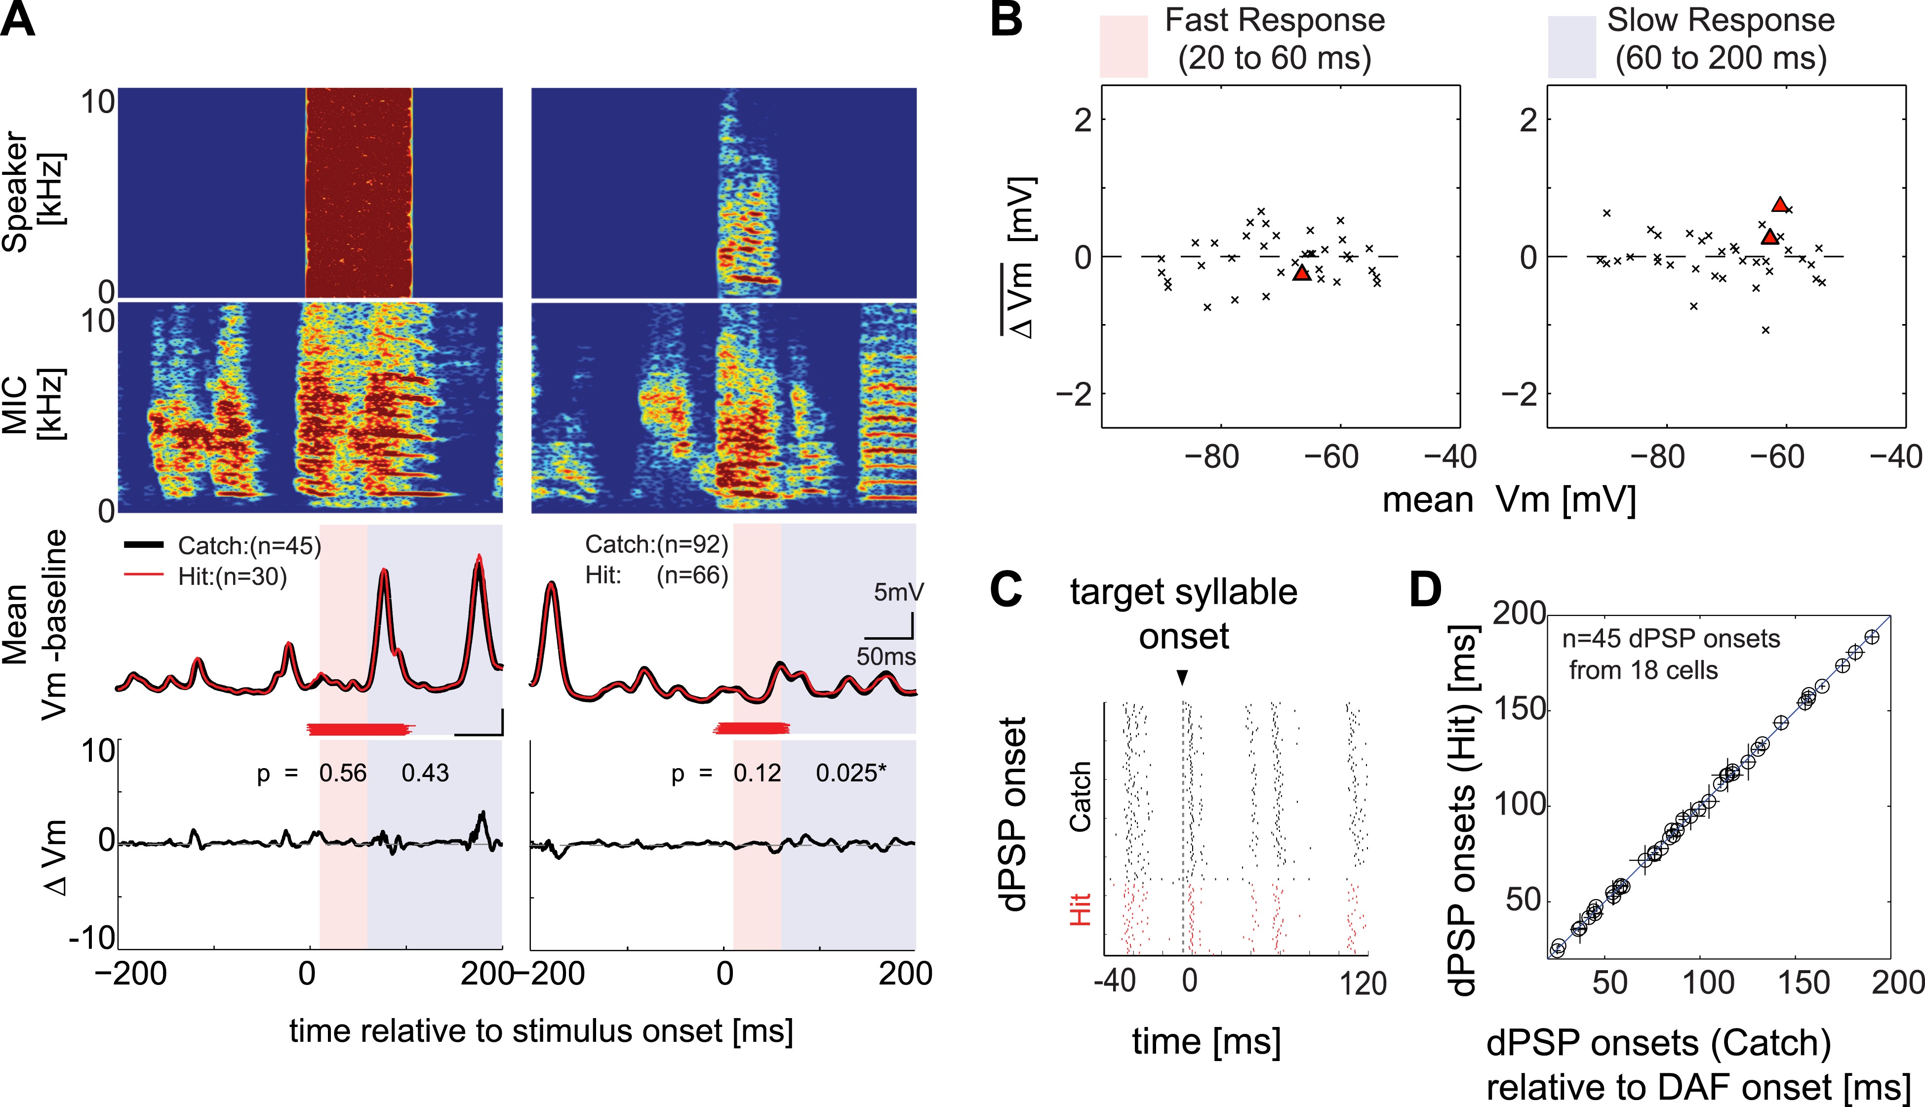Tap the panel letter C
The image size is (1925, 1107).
pos(1006,589)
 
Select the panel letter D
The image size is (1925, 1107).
pos(1425,589)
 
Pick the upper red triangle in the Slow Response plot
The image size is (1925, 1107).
pos(1780,204)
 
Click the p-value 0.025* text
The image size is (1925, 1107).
pos(850,773)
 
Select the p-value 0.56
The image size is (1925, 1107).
pos(343,773)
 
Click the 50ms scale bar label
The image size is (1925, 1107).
pos(886,656)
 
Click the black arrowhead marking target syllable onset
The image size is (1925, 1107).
pos(1182,677)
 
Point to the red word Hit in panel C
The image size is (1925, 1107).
pos(1080,909)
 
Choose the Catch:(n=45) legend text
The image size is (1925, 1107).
pos(249,546)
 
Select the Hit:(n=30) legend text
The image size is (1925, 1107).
pos(232,577)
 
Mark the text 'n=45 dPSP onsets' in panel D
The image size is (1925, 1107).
pos(1670,639)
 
